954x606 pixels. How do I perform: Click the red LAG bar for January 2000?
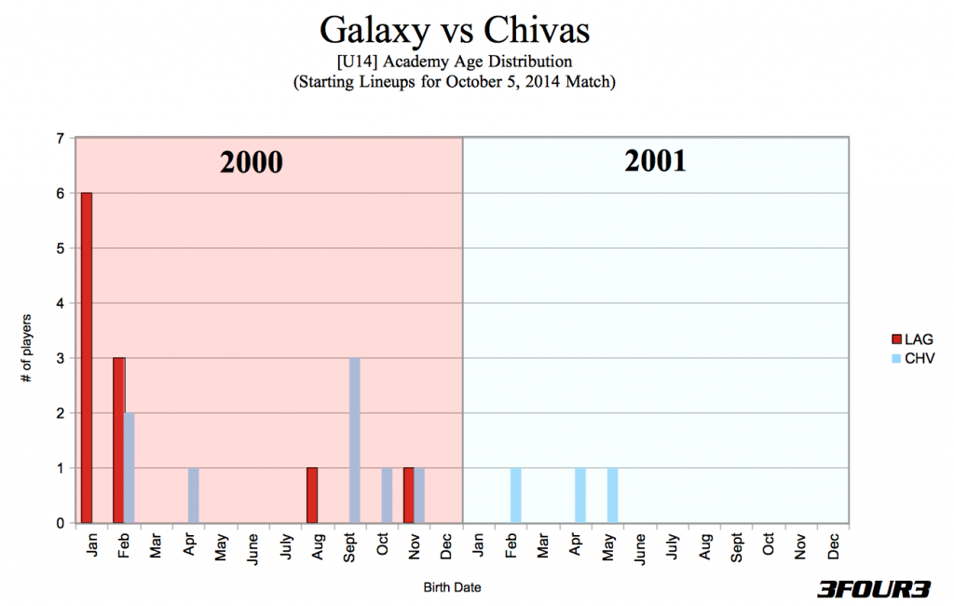pos(87,358)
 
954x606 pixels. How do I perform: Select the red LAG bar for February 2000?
pos(118,440)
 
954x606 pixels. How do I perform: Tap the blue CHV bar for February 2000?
pos(129,468)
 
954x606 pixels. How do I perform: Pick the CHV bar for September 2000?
pos(355,440)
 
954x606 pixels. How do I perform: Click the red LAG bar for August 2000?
pos(312,495)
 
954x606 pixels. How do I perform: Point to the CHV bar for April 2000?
pos(194,495)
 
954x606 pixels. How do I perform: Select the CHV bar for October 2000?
pos(387,495)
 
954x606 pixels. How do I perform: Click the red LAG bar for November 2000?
pos(409,495)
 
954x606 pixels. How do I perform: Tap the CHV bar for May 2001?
pos(612,495)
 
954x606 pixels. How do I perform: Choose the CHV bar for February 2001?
pos(516,495)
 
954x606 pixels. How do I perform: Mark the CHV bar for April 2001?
pos(580,495)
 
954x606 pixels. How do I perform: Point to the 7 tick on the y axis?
pos(60,139)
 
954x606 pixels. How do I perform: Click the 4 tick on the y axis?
pos(60,303)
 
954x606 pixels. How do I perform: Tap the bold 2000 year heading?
pos(252,162)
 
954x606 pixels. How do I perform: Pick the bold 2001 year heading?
pos(655,160)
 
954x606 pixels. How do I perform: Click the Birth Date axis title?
pos(453,587)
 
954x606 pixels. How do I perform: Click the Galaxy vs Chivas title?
pos(455,30)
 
